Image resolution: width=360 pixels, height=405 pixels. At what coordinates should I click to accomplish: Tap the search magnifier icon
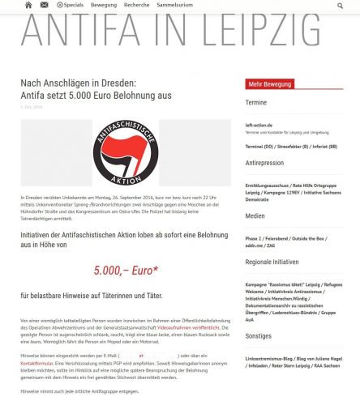(338, 6)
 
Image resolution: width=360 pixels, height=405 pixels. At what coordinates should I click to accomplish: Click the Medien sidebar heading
(255, 216)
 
